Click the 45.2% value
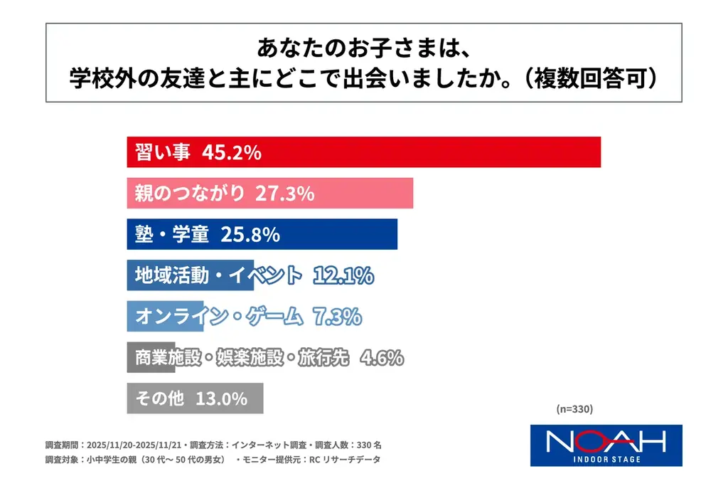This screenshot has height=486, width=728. [x=232, y=152]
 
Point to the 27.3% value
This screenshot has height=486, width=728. [x=284, y=194]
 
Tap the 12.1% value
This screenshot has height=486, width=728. [x=343, y=275]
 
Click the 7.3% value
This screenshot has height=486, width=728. [x=337, y=317]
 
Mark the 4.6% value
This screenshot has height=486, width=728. [x=382, y=357]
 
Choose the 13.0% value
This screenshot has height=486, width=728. [x=220, y=398]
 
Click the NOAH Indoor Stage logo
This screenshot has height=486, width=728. [x=606, y=445]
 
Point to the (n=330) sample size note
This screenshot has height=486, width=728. [x=574, y=409]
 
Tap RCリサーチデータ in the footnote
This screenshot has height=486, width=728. [x=344, y=460]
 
